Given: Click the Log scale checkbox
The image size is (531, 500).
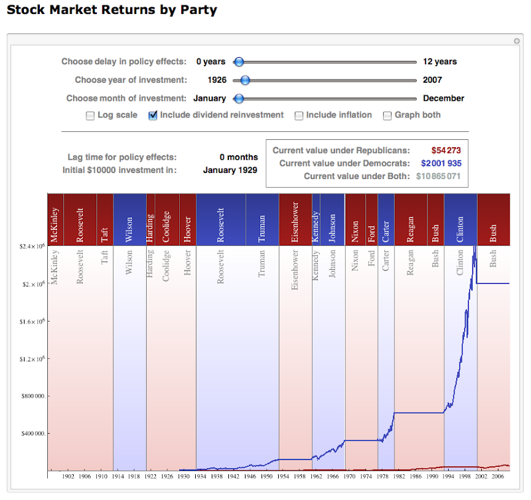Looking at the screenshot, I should coord(90,115).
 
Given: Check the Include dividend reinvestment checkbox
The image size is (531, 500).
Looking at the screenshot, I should coord(154,115).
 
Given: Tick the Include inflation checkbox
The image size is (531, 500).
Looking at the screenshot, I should coord(299,115).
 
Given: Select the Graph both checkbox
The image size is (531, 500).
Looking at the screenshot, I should coord(388,115).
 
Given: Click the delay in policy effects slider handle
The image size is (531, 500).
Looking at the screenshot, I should coord(239,62).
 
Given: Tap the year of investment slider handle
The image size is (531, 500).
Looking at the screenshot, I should coord(245,80).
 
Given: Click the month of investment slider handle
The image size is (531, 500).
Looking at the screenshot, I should coord(239,98).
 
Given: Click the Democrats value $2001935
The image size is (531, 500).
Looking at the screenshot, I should coord(441,163).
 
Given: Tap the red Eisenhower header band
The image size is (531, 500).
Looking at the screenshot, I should coord(295,219).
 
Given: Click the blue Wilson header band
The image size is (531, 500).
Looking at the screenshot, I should coord(129,219).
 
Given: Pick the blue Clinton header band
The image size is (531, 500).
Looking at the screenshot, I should coord(461,219).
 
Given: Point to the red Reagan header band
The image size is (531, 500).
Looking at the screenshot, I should coord(411,219).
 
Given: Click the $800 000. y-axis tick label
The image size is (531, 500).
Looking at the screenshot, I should coord(31,397).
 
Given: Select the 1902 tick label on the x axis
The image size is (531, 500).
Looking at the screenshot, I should coord(68,476).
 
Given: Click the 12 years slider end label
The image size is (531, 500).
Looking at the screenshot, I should coord(440,62).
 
